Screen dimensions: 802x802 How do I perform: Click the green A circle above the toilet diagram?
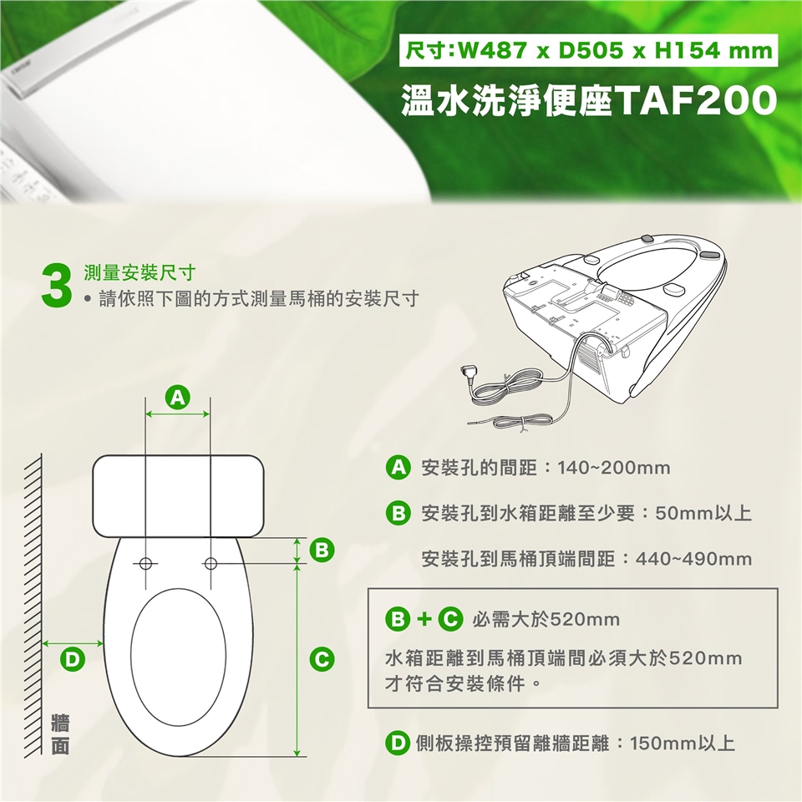click(x=177, y=398)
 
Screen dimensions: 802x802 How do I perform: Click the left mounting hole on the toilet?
click(x=145, y=564)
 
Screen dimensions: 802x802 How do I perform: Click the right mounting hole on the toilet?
click(x=211, y=564)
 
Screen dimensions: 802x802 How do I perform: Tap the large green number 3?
click(x=56, y=287)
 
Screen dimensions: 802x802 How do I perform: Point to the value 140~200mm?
click(x=614, y=468)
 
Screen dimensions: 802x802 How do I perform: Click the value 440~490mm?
click(x=693, y=559)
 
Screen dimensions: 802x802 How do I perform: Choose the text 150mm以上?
click(x=683, y=743)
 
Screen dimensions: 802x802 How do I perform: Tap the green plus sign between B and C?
click(x=424, y=619)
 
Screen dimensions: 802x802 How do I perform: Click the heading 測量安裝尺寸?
click(x=140, y=273)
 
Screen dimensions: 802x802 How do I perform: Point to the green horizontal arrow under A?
click(x=177, y=414)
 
